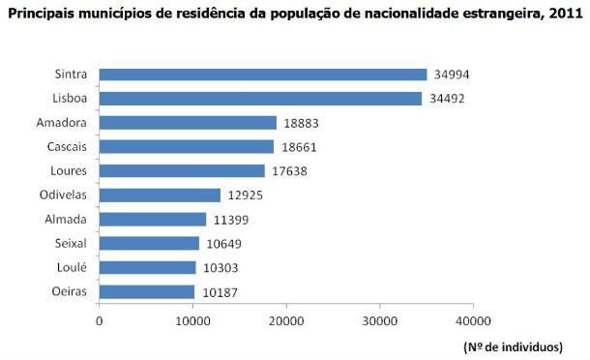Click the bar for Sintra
262,75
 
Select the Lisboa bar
260,99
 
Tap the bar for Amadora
188,123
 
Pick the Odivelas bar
160,195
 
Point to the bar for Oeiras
146,291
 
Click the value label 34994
453,75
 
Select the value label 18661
299,147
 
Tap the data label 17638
289,171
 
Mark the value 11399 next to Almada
231,220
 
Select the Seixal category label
74,244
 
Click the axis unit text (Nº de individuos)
519,345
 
